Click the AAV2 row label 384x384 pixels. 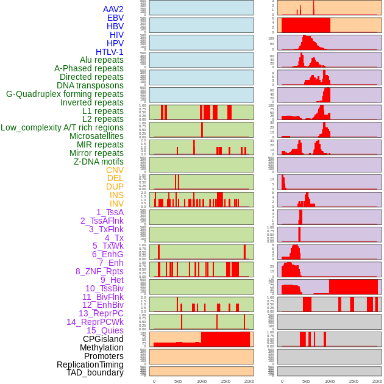pyautogui.click(x=113, y=10)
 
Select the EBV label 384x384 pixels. pyautogui.click(x=115, y=18)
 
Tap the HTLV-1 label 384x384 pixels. pyautogui.click(x=110, y=52)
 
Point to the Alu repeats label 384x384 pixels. pyautogui.click(x=102, y=60)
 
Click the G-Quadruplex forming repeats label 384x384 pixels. pyautogui.click(x=65, y=94)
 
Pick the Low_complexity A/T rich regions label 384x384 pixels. pyautogui.click(x=62, y=127)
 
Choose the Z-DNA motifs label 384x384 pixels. pyautogui.click(x=99, y=162)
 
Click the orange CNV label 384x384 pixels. pyautogui.click(x=115, y=170)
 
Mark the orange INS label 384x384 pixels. pyautogui.click(x=116, y=195)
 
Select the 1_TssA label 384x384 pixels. pyautogui.click(x=110, y=212)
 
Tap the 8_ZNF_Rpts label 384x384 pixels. pyautogui.click(x=99, y=271)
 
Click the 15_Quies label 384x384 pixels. pyautogui.click(x=105, y=330)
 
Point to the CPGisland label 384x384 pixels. pyautogui.click(x=103, y=339)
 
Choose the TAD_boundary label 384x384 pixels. pyautogui.click(x=95, y=372)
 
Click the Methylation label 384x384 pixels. pyautogui.click(x=102, y=347)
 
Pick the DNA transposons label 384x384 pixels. pyautogui.click(x=90, y=85)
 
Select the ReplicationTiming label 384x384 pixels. pyautogui.click(x=90, y=364)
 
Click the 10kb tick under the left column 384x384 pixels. pyautogui.click(x=202, y=381)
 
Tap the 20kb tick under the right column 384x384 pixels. pyautogui.click(x=377, y=381)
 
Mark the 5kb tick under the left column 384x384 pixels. pyautogui.click(x=178, y=381)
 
